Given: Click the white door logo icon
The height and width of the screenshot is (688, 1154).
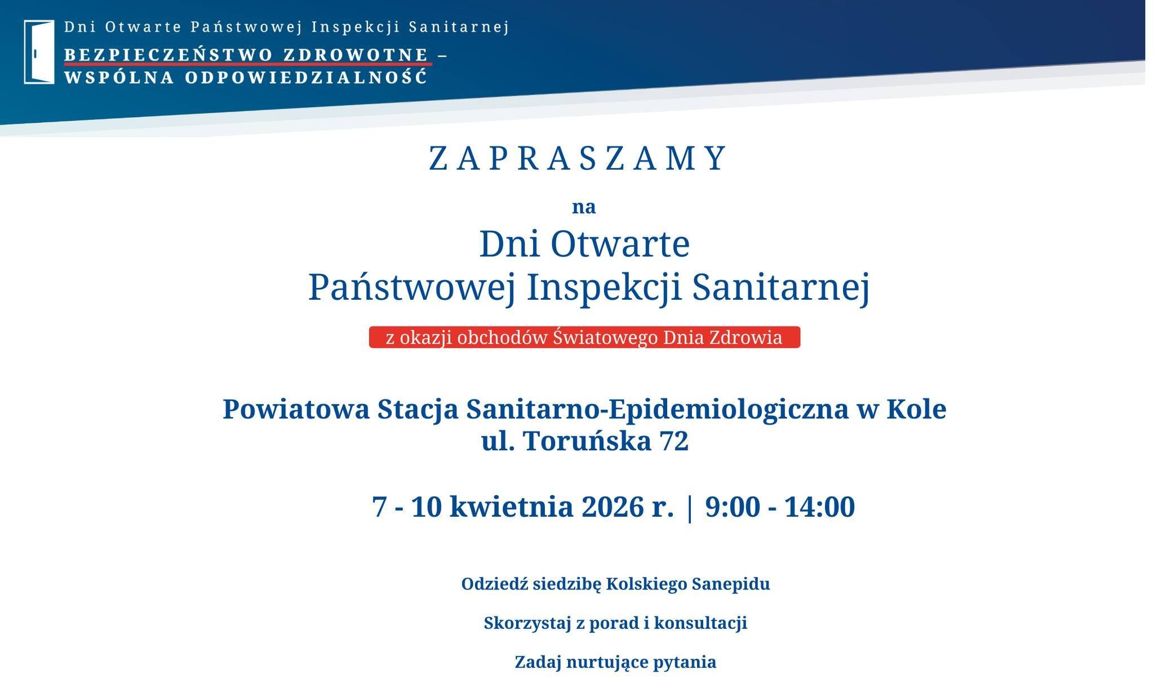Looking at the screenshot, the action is point(39,52).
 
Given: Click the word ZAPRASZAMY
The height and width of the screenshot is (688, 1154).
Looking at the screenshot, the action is point(579,158).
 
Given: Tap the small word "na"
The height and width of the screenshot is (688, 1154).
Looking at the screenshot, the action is point(584,207).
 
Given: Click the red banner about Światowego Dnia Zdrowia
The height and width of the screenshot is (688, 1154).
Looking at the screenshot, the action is point(584,337).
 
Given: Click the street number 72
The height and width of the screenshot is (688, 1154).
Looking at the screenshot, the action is point(674,441).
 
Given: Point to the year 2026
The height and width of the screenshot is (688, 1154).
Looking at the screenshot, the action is point(612,507).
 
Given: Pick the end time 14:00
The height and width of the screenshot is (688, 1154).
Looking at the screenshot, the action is point(820,507).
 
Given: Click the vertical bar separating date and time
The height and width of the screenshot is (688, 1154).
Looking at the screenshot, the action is point(689,508).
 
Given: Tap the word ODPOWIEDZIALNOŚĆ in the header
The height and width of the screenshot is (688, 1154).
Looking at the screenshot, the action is point(307,77).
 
